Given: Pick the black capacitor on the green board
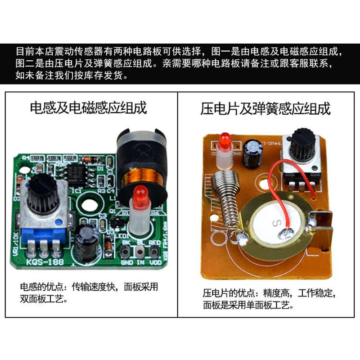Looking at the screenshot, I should [86, 237].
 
